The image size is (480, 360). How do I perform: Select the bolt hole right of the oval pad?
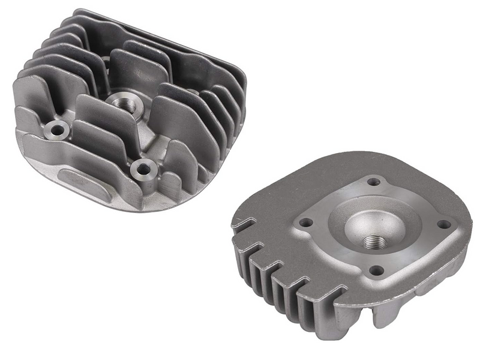[143, 170]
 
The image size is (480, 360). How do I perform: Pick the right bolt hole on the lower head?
[443, 224]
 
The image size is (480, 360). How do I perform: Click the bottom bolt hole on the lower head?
[376, 271]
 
